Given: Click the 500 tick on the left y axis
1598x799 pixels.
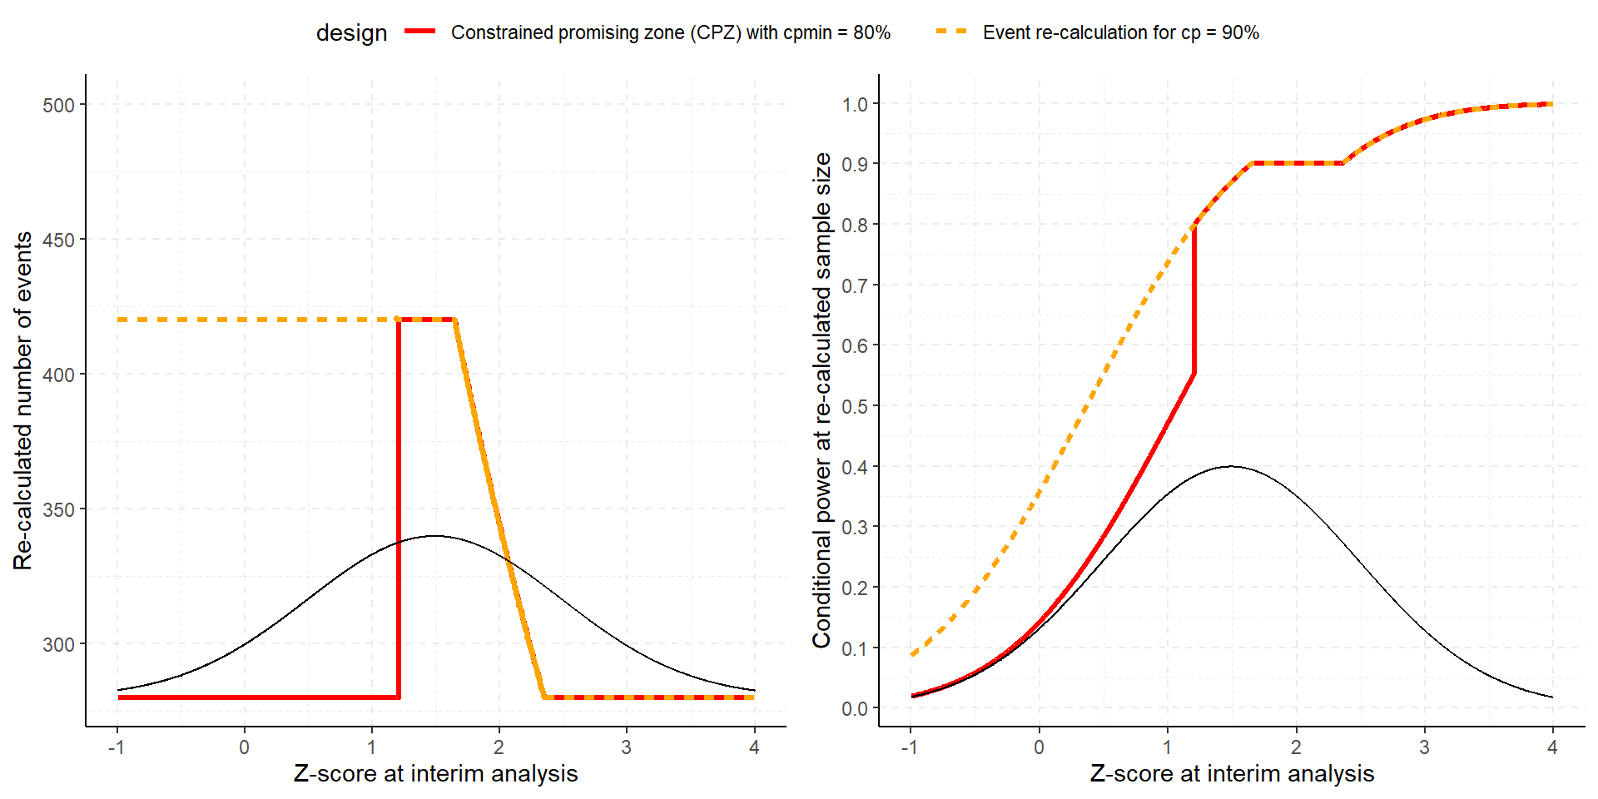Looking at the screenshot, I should pos(59,105).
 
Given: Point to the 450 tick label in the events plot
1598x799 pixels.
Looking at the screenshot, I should pos(59,240).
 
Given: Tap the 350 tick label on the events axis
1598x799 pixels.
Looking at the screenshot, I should pos(59,509).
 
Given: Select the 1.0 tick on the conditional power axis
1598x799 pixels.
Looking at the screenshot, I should pos(855,104).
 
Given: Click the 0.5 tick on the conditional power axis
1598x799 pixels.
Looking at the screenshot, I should pos(855,406).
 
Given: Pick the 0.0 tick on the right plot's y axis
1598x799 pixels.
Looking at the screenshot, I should pos(855,708).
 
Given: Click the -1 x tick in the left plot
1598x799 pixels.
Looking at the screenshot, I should pos(117,747).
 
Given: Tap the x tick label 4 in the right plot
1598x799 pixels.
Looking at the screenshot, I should pos(1552,747).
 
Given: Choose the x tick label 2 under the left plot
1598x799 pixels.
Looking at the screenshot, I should pos(499,747).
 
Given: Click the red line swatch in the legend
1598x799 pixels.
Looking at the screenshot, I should pos(420,32).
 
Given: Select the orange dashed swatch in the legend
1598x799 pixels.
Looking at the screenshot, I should pos(951,32).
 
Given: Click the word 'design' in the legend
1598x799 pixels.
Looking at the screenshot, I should pos(351,32).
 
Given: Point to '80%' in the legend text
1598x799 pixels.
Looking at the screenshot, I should pos(871,32).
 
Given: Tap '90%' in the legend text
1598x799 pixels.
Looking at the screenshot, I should pos(1240,32).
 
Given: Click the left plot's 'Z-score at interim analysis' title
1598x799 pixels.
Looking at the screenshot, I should pos(435,773).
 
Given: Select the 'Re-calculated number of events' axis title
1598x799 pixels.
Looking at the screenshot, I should pos(23,400).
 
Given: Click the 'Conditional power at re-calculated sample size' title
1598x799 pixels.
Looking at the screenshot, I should pos(821,400).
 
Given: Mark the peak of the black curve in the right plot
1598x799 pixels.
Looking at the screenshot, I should pos(1231,466).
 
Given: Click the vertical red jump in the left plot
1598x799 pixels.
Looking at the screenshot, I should pos(399,508).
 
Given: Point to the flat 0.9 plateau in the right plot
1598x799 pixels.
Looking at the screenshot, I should pos(1297,163).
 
